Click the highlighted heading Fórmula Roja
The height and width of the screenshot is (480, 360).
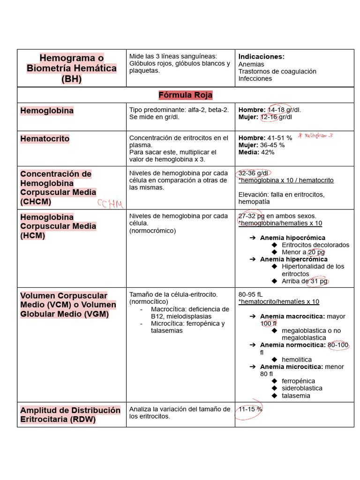185,95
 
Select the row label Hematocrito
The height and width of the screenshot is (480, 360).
45,139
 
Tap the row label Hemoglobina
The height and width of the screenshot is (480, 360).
46,111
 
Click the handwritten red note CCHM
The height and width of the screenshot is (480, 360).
110,203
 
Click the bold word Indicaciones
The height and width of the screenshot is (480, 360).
261,56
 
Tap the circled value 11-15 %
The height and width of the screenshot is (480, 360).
250,409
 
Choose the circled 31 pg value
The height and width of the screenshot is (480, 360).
318,281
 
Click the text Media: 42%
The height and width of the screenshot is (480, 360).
256,152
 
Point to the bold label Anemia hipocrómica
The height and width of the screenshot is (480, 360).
292,238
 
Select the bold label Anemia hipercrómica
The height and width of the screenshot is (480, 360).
294,259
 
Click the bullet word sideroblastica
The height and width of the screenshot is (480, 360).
302,388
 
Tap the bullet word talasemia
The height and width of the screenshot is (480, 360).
296,396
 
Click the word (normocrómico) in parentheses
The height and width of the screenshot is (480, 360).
152,231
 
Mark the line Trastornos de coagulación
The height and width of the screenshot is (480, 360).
277,71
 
